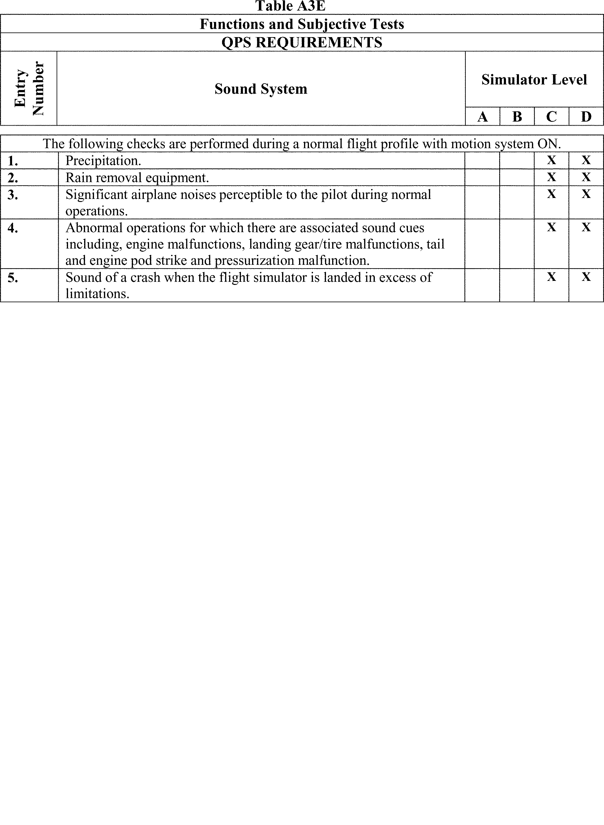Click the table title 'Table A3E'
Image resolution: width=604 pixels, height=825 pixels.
click(x=290, y=6)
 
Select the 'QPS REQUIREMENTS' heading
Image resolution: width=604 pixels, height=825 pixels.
click(x=302, y=42)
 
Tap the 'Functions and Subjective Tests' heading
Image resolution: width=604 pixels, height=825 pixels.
click(x=302, y=24)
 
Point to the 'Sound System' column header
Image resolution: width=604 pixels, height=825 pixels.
click(x=261, y=89)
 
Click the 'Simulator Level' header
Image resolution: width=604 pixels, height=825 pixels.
click(x=534, y=80)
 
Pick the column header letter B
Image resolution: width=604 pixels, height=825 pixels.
click(x=517, y=117)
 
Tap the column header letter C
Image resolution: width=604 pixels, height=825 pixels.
click(x=551, y=117)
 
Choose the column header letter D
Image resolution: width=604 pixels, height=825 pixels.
click(x=586, y=117)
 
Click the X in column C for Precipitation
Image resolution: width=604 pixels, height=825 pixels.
click(x=551, y=160)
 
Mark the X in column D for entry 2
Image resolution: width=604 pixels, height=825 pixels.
click(x=586, y=177)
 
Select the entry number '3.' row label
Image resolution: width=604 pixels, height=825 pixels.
click(x=13, y=195)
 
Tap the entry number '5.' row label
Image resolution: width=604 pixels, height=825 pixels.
click(x=13, y=277)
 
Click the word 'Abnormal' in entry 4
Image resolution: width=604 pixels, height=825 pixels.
click(x=94, y=228)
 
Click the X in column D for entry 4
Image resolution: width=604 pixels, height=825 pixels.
click(x=586, y=227)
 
